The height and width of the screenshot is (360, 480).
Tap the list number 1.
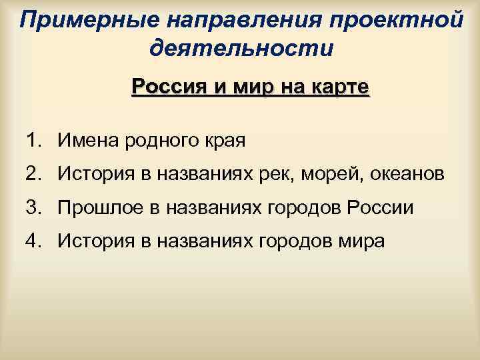35,141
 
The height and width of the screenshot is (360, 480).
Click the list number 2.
35,174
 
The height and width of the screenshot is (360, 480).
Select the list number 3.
35,207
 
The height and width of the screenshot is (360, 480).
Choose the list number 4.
35,241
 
